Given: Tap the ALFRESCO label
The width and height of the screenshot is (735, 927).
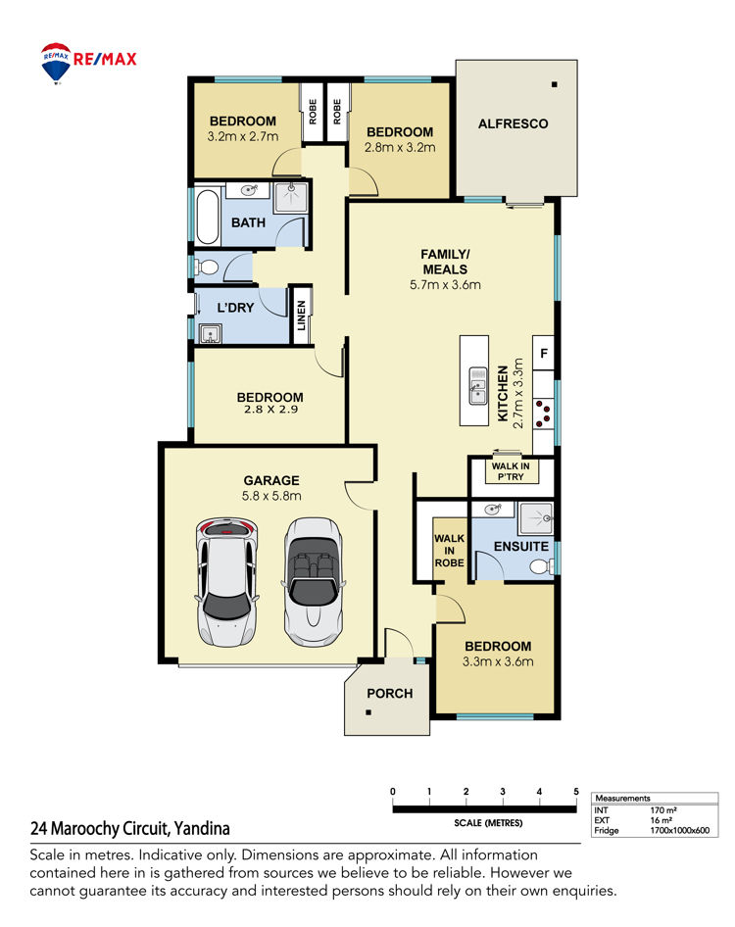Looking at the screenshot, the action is coord(513,124).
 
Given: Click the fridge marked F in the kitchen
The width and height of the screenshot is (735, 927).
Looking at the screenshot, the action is coord(544,353).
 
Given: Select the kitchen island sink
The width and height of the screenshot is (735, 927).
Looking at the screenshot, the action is coord(478,385).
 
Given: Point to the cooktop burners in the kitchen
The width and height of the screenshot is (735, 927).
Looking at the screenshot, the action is coord(543,414).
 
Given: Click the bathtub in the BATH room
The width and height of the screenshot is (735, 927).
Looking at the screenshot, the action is coord(208,217).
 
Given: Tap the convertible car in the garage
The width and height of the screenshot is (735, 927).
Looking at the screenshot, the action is coord(313,582).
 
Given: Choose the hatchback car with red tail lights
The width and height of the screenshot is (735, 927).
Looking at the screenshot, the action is coord(227,583).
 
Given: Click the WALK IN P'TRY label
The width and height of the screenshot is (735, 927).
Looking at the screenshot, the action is coord(511,471).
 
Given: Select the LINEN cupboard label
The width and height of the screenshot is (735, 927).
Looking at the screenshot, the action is coord(302,316).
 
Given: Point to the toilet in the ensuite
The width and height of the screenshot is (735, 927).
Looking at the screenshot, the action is coord(541,567).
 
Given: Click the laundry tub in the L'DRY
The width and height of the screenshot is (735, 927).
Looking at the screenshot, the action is coord(210,334).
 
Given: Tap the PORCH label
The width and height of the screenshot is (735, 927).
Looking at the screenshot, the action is coord(390,694).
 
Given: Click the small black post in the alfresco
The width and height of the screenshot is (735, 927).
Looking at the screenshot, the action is coord(554,84).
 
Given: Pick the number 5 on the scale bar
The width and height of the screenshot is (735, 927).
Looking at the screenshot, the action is coord(576,792).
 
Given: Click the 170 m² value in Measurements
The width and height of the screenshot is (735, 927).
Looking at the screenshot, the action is coord(663,810).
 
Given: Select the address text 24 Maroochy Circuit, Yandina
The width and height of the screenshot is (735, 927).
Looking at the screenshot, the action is coord(130,829).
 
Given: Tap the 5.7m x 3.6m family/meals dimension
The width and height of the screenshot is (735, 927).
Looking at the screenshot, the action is coord(445,285).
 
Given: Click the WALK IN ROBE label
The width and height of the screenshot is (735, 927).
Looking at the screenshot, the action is coord(450,551).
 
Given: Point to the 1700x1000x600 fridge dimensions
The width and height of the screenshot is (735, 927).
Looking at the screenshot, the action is coord(680,830).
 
